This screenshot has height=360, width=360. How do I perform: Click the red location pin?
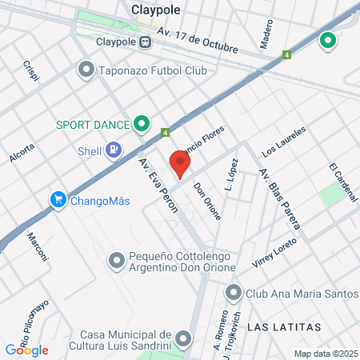pyautogui.click(x=181, y=163)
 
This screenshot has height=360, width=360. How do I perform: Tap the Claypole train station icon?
pyautogui.click(x=146, y=42)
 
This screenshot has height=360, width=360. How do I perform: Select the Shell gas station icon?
pyautogui.click(x=114, y=150)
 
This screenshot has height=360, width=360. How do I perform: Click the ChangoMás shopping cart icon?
pyautogui.click(x=58, y=200)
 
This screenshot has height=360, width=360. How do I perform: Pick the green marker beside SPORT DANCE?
pyautogui.click(x=142, y=124)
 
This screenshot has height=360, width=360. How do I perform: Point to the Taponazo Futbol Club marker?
pyautogui.click(x=86, y=70)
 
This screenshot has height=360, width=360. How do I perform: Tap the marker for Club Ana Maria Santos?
pyautogui.click(x=234, y=293)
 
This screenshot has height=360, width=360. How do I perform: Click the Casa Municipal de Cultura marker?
pyautogui.click(x=183, y=339)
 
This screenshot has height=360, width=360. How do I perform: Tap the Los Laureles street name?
pyautogui.click(x=284, y=141)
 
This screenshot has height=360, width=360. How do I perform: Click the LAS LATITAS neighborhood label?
pyautogui.click(x=284, y=328)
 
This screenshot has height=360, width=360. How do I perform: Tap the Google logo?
pyautogui.click(x=27, y=350)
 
